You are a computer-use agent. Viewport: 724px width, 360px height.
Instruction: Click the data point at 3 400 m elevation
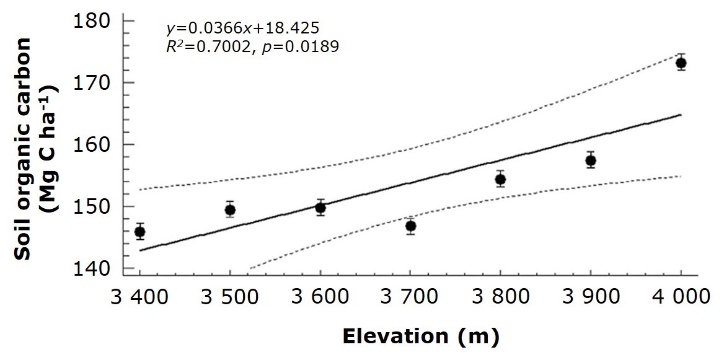[x=139, y=232]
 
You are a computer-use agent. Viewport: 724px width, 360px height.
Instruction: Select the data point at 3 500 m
[x=230, y=209]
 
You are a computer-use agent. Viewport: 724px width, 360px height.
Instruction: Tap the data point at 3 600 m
[x=320, y=208]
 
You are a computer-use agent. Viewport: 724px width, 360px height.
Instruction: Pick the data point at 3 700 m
[x=410, y=226]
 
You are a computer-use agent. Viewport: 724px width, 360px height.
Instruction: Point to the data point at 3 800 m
[x=500, y=180]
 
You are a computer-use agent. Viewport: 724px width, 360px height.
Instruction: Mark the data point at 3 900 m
[x=591, y=160]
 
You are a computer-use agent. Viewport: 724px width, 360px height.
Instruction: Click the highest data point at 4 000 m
[x=681, y=63]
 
